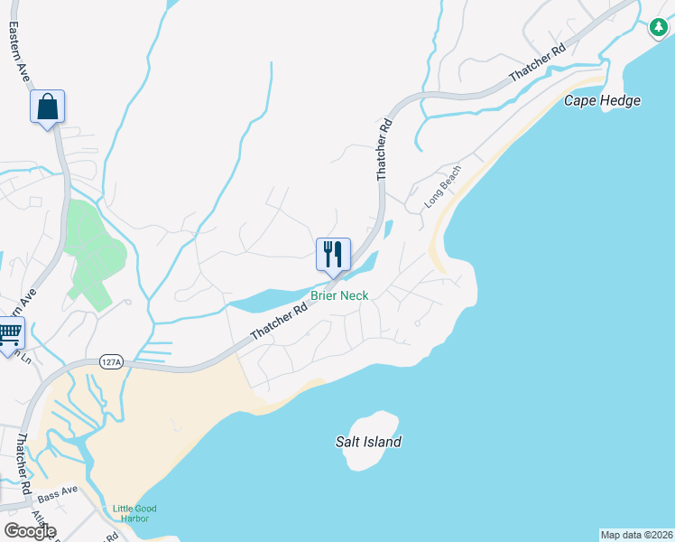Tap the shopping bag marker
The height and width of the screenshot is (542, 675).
(x=48, y=107)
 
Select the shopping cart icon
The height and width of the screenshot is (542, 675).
(x=9, y=335)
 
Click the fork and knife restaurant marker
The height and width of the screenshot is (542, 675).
(x=333, y=255)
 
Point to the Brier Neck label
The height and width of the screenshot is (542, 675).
(x=339, y=295)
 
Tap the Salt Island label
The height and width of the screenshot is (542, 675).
(x=365, y=443)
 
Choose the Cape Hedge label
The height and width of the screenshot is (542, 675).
(x=602, y=100)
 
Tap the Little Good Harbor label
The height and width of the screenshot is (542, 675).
(x=134, y=513)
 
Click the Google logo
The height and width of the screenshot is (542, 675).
(x=30, y=531)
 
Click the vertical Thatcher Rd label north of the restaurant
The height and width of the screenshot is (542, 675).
(x=384, y=148)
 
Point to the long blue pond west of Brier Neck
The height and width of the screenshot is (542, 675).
(x=271, y=299)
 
